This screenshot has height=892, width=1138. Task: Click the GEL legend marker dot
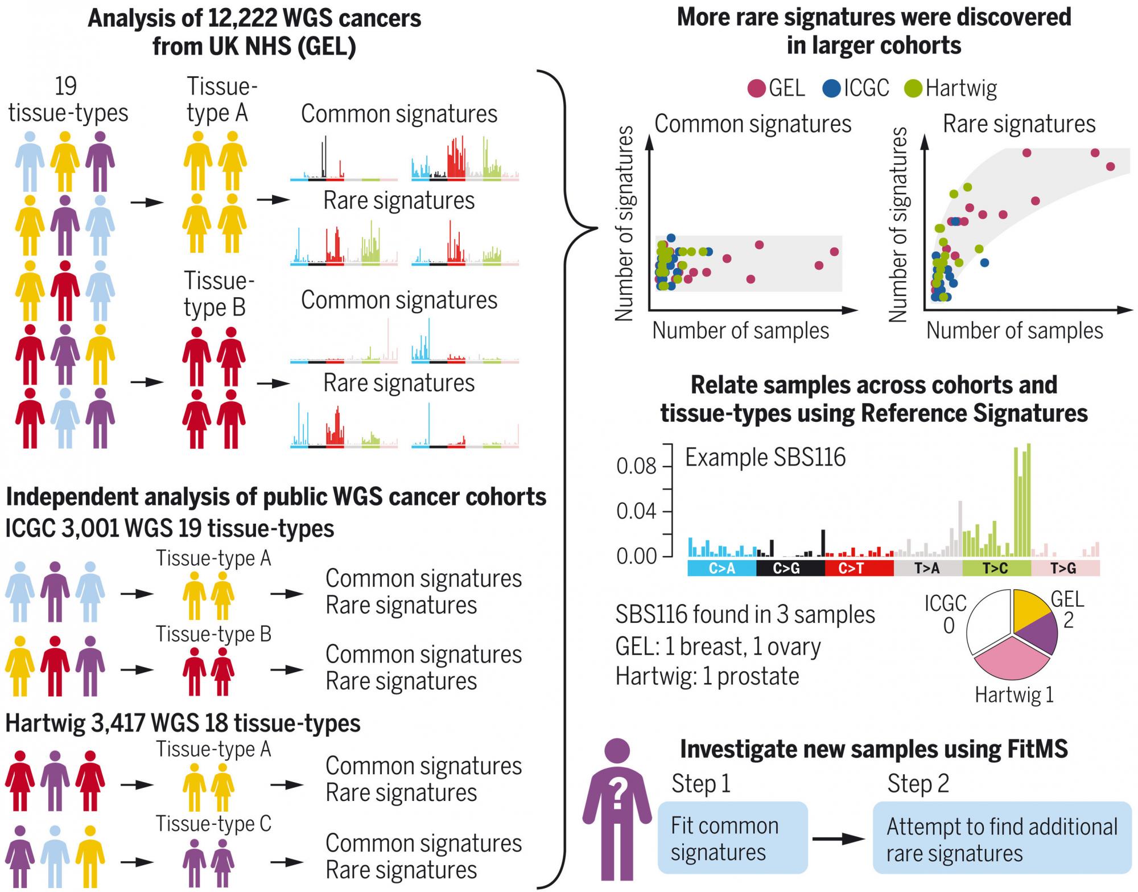coord(756,89)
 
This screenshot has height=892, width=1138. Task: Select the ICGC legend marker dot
coord(831,89)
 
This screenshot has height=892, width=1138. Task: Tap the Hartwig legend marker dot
coord(913,89)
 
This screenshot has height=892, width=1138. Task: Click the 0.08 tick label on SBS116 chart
coord(636,466)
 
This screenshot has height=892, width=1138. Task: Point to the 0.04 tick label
coord(636,511)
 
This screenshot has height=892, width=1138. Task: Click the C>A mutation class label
coord(721,568)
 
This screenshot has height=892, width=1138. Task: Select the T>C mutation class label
coord(996,568)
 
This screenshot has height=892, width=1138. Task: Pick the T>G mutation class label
coord(1063,568)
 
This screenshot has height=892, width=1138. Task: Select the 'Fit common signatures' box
coord(732,838)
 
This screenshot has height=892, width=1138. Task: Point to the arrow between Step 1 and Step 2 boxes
coord(839,838)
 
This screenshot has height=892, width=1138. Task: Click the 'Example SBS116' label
coord(765,457)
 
